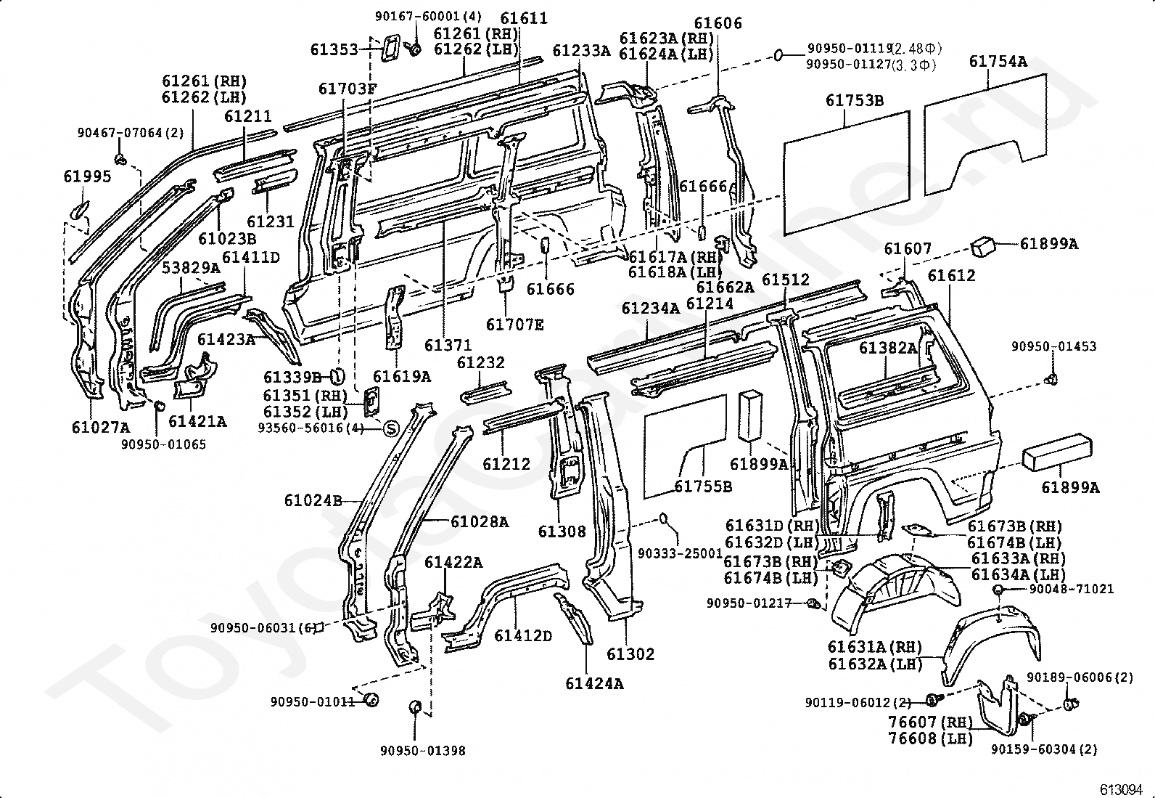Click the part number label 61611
click(x=523, y=18)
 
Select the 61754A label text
click(x=998, y=62)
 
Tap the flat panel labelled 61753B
click(x=847, y=173)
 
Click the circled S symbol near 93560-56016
click(x=391, y=428)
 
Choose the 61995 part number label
click(x=87, y=176)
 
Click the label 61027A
click(x=101, y=428)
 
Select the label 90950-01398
click(x=423, y=751)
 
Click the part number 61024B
click(x=313, y=501)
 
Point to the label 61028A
click(x=480, y=522)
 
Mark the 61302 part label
click(x=630, y=654)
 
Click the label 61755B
click(x=703, y=486)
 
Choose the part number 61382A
click(x=887, y=349)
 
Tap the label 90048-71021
click(x=1072, y=589)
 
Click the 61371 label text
click(x=448, y=345)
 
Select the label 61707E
click(x=514, y=325)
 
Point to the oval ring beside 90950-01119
click(x=779, y=54)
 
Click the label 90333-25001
click(x=680, y=554)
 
